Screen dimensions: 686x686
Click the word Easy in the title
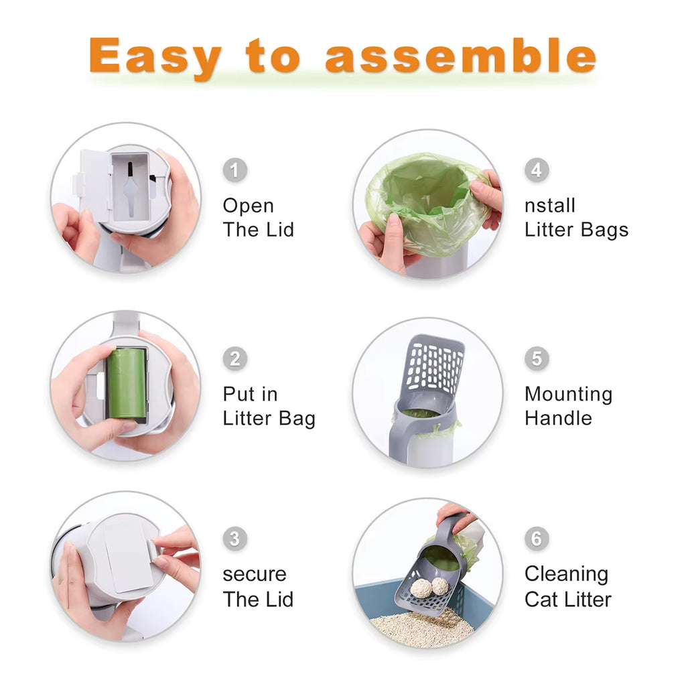tap(154, 57)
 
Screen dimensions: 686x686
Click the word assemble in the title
tap(460, 57)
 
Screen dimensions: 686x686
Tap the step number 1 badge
tap(234, 170)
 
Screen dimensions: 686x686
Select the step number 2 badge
tap(234, 358)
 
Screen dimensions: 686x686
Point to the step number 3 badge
tap(234, 539)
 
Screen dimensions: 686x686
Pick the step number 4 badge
tap(536, 170)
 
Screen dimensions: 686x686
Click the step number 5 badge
tap(536, 358)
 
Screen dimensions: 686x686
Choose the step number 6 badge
tap(536, 539)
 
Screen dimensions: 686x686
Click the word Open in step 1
tap(249, 206)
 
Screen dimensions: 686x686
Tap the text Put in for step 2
tap(250, 395)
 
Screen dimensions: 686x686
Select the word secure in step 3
tap(255, 575)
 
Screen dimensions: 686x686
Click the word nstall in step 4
tap(550, 206)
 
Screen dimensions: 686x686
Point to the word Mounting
tap(568, 395)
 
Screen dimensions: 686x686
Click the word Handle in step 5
tap(558, 418)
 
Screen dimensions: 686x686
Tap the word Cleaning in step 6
tap(566, 575)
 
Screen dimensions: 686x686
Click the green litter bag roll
tap(127, 383)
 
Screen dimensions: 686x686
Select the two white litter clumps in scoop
tap(430, 587)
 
